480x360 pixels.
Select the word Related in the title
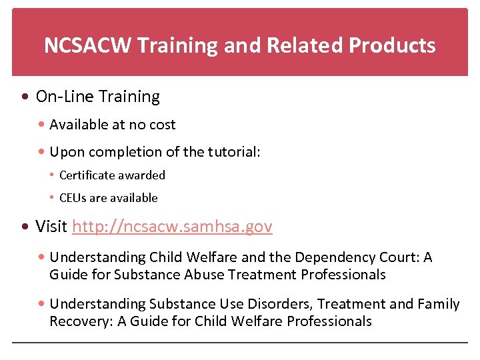[301, 45]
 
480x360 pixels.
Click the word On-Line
[65, 97]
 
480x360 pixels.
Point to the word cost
[163, 125]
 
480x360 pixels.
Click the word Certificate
[89, 175]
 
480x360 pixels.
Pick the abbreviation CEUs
[73, 198]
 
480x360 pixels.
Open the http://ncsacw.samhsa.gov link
[172, 227]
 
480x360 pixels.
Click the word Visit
[51, 227]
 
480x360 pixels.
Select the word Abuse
[203, 275]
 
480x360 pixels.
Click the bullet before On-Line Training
[25, 97]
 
